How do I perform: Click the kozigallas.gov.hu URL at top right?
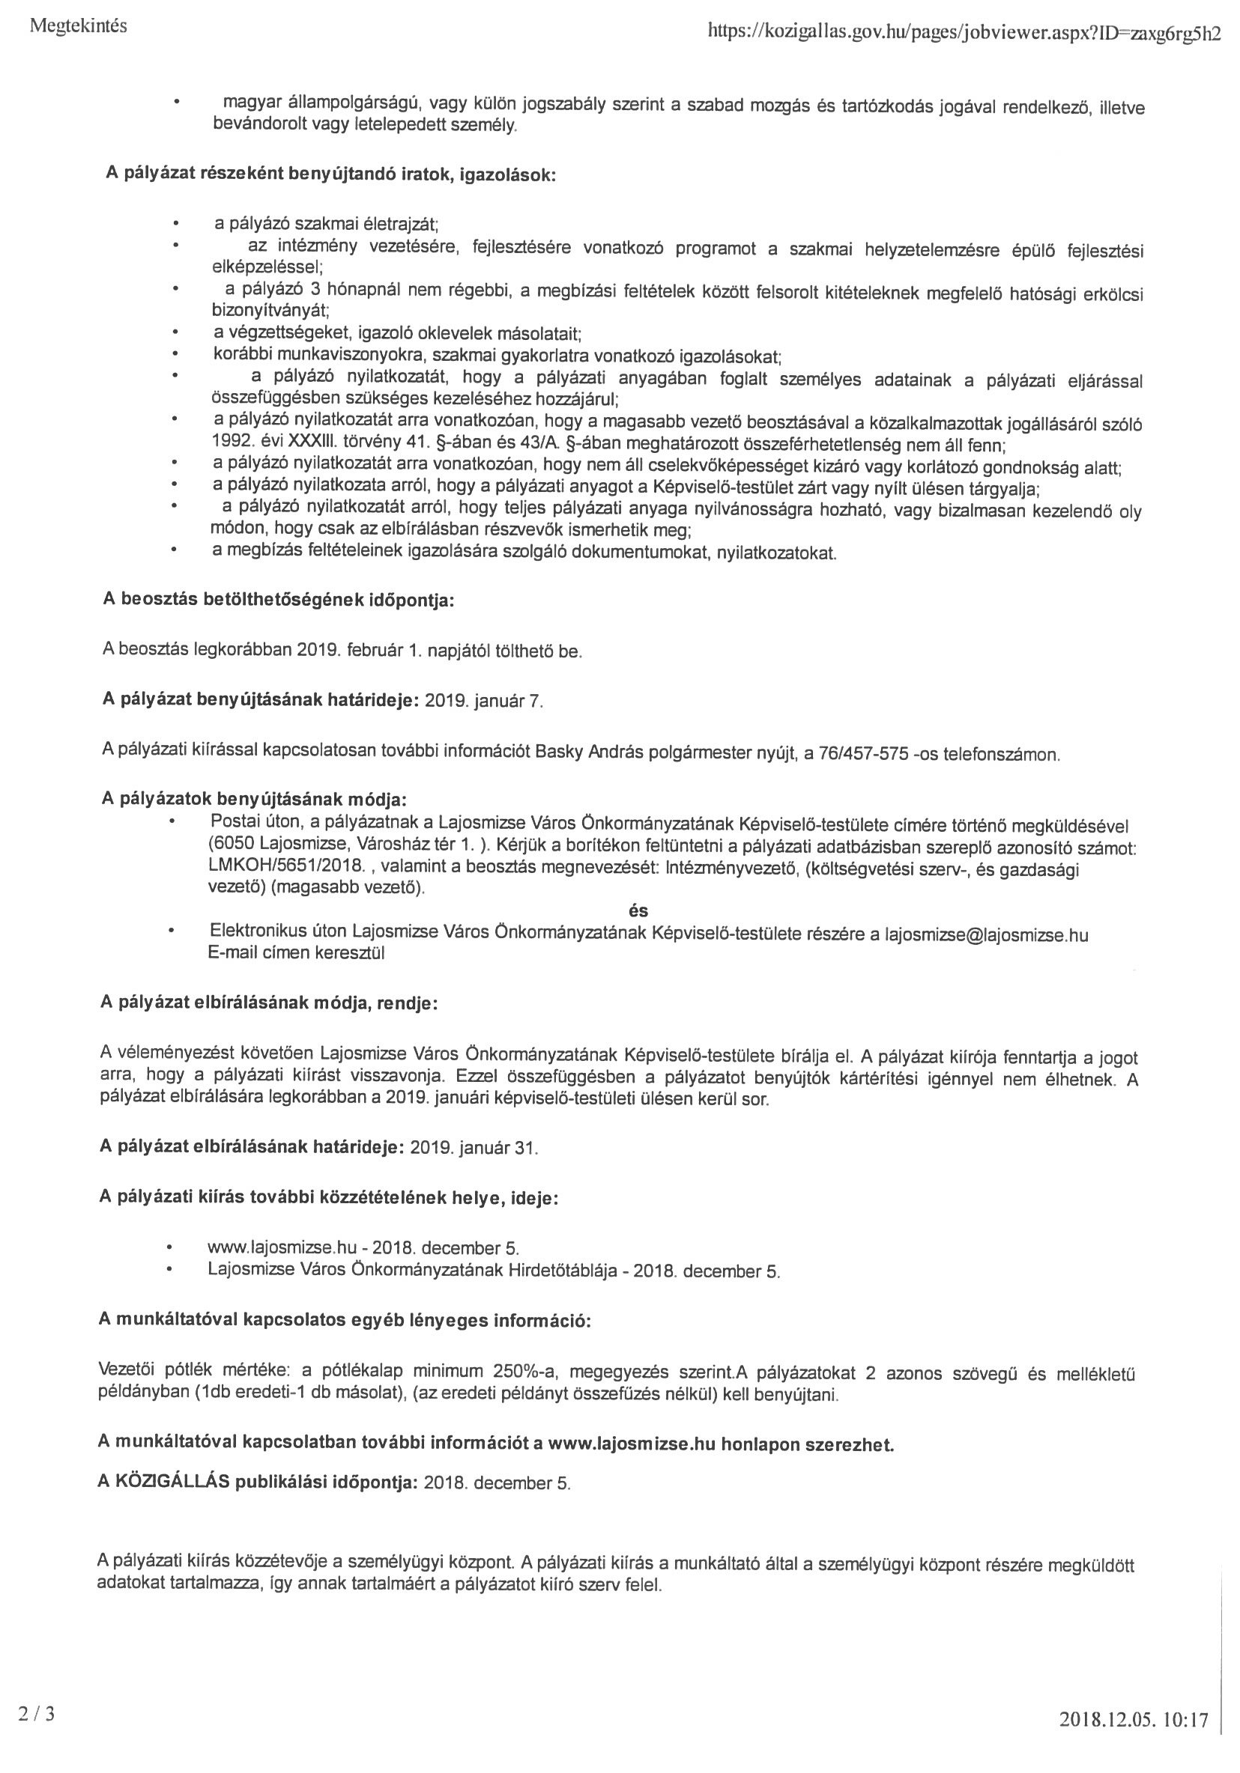click(x=964, y=31)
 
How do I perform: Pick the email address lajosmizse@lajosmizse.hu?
click(x=986, y=935)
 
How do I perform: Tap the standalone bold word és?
click(x=639, y=910)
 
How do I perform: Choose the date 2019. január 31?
click(x=474, y=1149)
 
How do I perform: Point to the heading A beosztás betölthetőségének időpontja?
click(x=278, y=600)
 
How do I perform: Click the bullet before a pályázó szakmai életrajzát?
click(x=176, y=225)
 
